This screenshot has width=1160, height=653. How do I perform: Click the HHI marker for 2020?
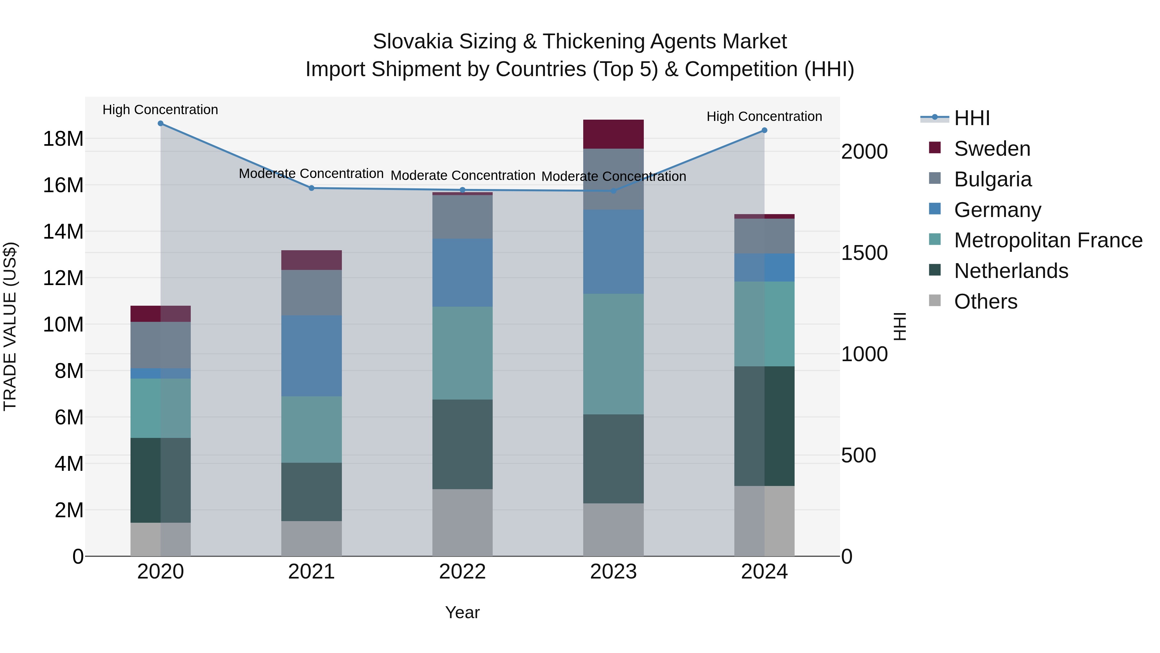click(160, 124)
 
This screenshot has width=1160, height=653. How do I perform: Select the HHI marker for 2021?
click(311, 188)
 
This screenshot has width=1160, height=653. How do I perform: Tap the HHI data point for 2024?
click(764, 130)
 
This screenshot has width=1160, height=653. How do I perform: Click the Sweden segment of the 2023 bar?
click(613, 134)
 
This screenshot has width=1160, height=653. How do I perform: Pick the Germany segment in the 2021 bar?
click(311, 356)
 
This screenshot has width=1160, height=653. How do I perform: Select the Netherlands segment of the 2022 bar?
click(462, 444)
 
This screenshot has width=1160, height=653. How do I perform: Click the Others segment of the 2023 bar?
click(613, 529)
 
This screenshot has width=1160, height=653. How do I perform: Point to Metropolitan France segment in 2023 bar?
click(613, 354)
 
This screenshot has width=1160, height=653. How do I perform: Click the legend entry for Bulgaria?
click(992, 179)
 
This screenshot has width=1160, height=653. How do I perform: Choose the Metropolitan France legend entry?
click(1048, 240)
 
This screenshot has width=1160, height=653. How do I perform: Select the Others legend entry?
click(985, 302)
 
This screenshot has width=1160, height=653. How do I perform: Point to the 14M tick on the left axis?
click(63, 232)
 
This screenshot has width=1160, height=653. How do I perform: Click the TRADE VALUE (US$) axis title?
click(10, 326)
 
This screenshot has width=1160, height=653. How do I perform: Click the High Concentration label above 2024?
click(764, 116)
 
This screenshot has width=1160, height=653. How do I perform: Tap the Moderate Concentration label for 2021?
click(311, 173)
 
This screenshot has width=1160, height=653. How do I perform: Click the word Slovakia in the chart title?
click(412, 42)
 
